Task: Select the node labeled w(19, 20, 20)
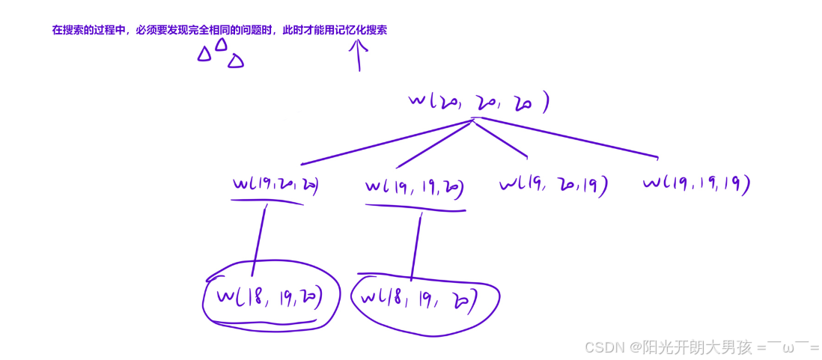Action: pyautogui.click(x=275, y=184)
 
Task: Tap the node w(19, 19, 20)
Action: pyautogui.click(x=414, y=186)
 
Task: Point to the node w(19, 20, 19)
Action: pyautogui.click(x=552, y=184)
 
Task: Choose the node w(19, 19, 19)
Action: pyautogui.click(x=696, y=183)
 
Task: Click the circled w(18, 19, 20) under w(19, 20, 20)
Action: pyautogui.click(x=270, y=297)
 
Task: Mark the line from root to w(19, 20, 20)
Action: pyautogui.click(x=386, y=142)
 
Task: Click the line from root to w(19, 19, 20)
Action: pyautogui.click(x=434, y=144)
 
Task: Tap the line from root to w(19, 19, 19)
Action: pyautogui.click(x=569, y=138)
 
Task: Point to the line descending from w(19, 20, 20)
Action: pyautogui.click(x=259, y=240)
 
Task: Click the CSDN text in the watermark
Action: pyautogui.click(x=605, y=347)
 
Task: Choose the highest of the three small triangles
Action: pyautogui.click(x=221, y=45)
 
